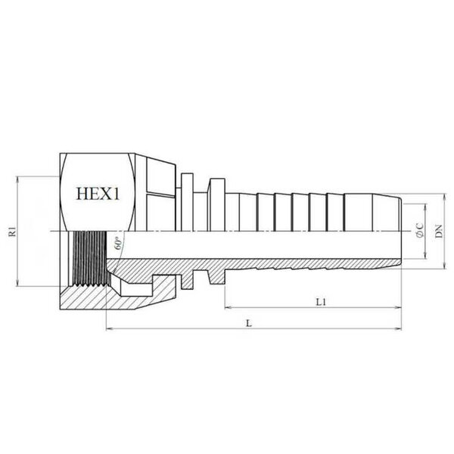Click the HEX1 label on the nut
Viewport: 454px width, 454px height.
coord(98,194)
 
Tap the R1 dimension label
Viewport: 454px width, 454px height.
coord(13,232)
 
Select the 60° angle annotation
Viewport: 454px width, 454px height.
coord(118,244)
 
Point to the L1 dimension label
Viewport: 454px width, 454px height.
coord(321,302)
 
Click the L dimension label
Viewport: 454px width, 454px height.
coord(249,323)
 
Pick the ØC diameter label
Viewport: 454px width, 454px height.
coord(420,231)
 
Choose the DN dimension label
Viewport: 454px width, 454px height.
coord(440,231)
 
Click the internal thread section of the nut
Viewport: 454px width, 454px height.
coord(90,259)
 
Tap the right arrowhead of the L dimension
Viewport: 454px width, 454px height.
coord(399,328)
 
